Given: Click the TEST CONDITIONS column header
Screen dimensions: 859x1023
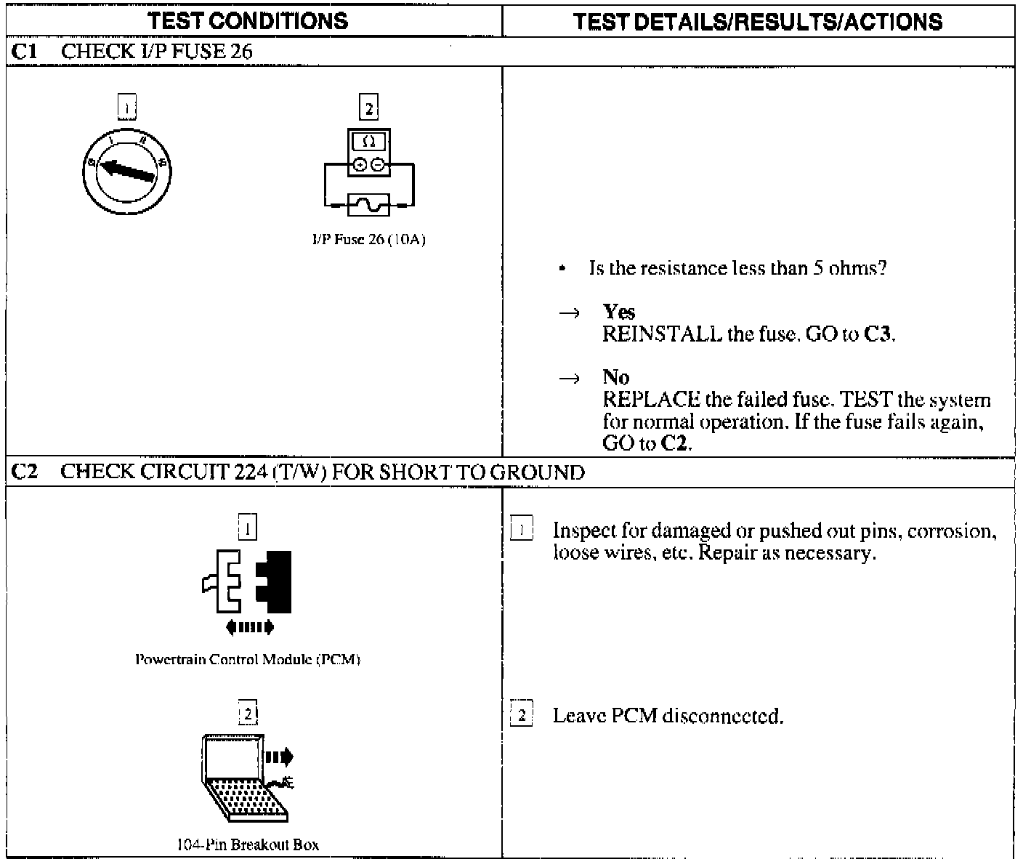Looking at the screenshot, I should coord(248,20).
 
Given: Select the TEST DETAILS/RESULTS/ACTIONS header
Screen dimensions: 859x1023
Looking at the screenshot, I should coord(758,22).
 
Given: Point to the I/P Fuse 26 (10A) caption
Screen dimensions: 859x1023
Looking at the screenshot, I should coord(368,240).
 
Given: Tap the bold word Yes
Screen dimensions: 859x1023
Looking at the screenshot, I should coord(619,312).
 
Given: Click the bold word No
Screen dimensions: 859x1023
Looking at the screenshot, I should coord(615,377).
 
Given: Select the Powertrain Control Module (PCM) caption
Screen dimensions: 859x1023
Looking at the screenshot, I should coord(248,660).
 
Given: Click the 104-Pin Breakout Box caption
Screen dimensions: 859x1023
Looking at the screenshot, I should coord(248,845).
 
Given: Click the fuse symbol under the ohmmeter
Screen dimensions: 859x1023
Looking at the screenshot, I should coord(368,206).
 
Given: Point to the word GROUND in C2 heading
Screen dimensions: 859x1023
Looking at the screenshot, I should coord(537,472).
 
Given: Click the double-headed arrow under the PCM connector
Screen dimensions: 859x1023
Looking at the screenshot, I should coord(249,626).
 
